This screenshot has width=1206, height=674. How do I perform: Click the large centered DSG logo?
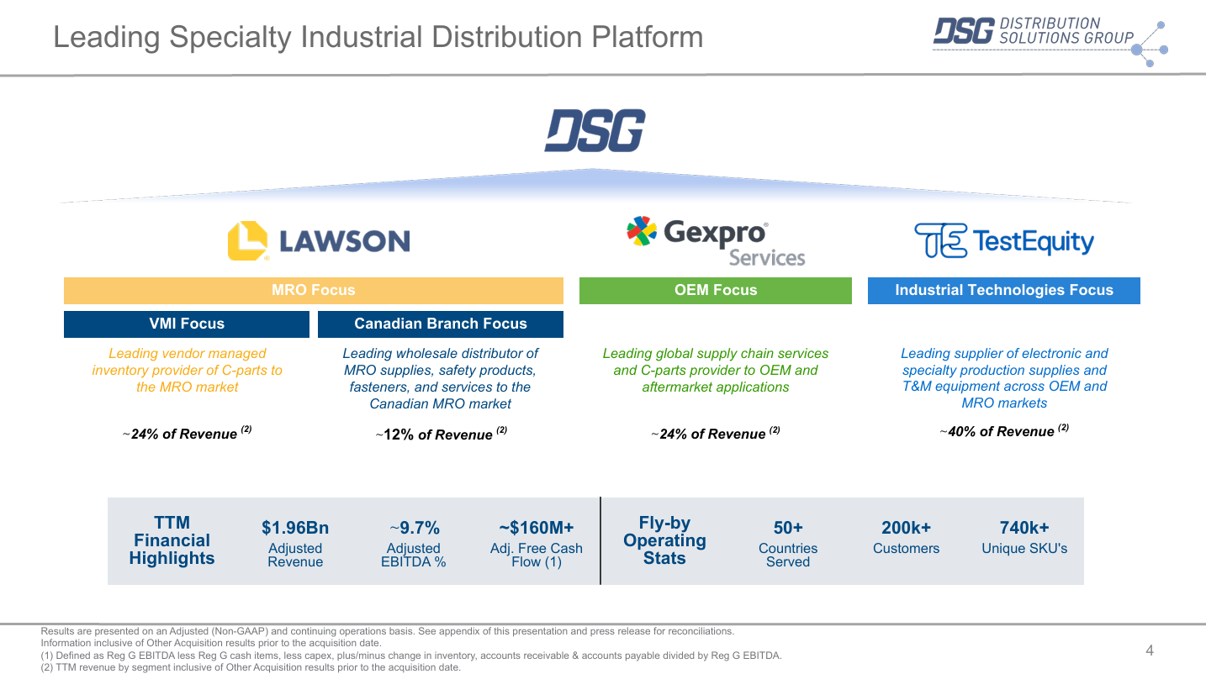595,131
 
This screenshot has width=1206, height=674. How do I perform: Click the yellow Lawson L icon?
247,240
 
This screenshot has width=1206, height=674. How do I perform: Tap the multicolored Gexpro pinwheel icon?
642,231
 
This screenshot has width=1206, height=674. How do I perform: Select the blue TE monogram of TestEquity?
940,240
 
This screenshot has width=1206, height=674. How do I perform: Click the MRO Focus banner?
314,291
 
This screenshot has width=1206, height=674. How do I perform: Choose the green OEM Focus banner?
716,291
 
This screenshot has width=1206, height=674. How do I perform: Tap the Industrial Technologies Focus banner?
1004,291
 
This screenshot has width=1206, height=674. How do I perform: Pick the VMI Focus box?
187,324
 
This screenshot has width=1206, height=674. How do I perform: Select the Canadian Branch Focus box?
441,324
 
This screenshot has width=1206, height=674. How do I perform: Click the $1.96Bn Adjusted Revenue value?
295,528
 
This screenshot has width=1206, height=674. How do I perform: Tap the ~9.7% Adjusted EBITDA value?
414,528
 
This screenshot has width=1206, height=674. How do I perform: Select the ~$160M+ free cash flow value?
537,528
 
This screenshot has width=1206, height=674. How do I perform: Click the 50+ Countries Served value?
788,528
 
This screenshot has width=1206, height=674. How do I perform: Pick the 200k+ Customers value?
906,528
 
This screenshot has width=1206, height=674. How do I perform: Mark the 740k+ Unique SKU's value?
1024,528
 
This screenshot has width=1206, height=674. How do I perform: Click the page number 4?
1150,650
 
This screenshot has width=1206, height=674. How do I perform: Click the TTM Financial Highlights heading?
172,540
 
